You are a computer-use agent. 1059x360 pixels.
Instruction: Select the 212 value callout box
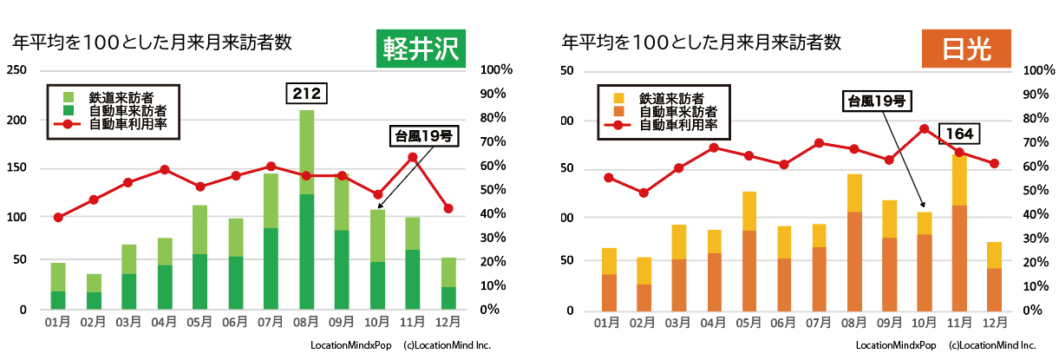pos(306,92)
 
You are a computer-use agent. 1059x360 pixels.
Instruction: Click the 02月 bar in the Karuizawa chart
pos(93,292)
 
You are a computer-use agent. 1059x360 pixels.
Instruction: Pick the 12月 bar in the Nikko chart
pos(995,277)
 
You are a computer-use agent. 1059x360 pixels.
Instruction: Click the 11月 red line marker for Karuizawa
pos(413,157)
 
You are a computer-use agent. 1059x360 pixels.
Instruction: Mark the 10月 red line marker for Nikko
pos(924,129)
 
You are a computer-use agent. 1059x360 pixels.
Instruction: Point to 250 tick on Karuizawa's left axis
pos(16,70)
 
